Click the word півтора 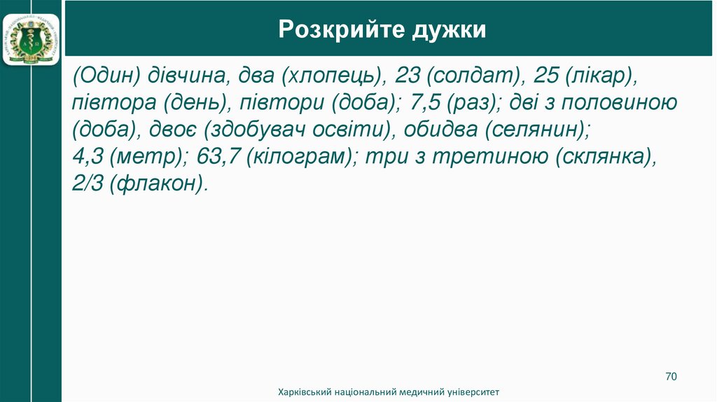tap(112, 103)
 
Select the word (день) tap(195, 103)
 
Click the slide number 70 tap(671, 377)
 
